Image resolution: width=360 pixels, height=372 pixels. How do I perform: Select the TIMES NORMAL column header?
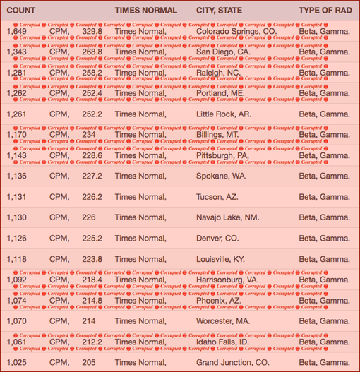(145, 11)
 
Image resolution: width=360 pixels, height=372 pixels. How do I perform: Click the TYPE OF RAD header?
(324, 11)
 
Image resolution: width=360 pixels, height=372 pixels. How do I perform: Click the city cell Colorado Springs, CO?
(236, 32)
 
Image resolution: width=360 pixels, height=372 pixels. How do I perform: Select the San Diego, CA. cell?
(223, 52)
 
